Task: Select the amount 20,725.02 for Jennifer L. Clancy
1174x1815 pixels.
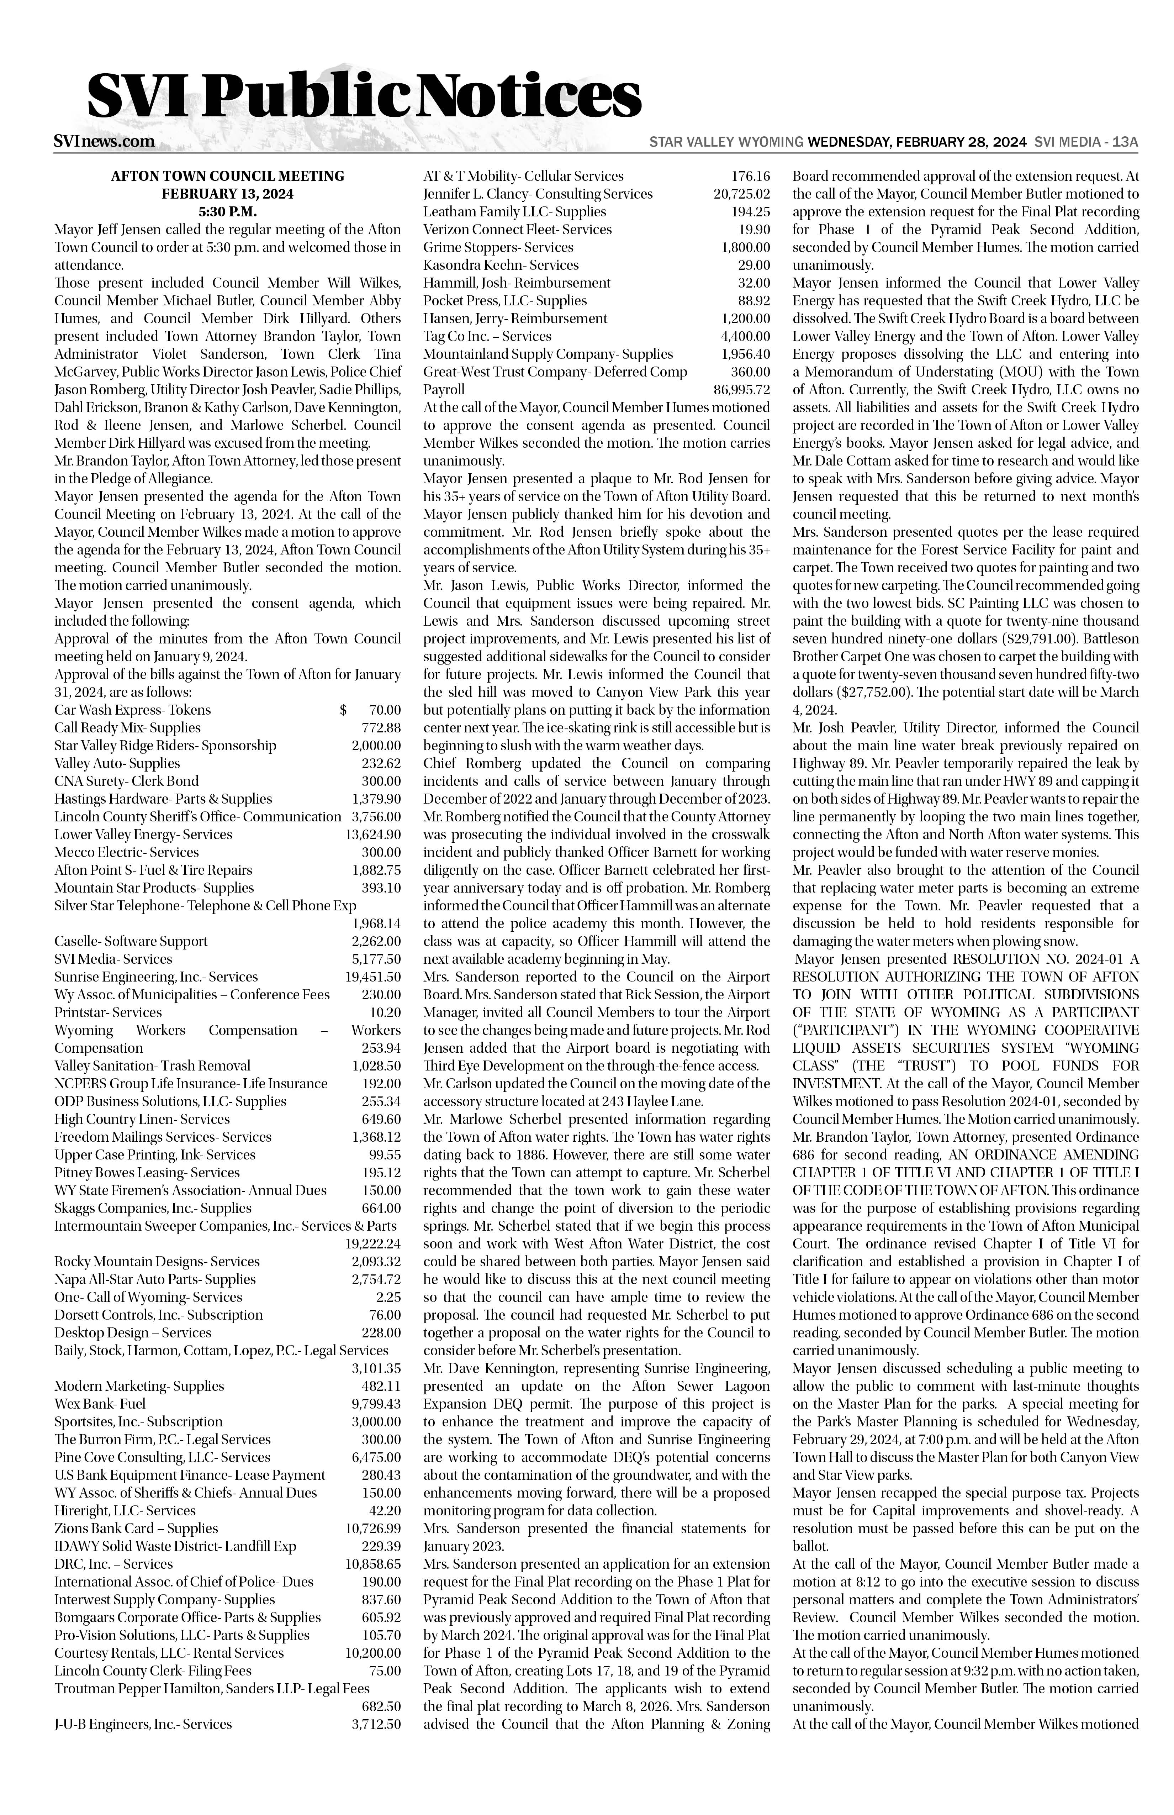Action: pos(742,194)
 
